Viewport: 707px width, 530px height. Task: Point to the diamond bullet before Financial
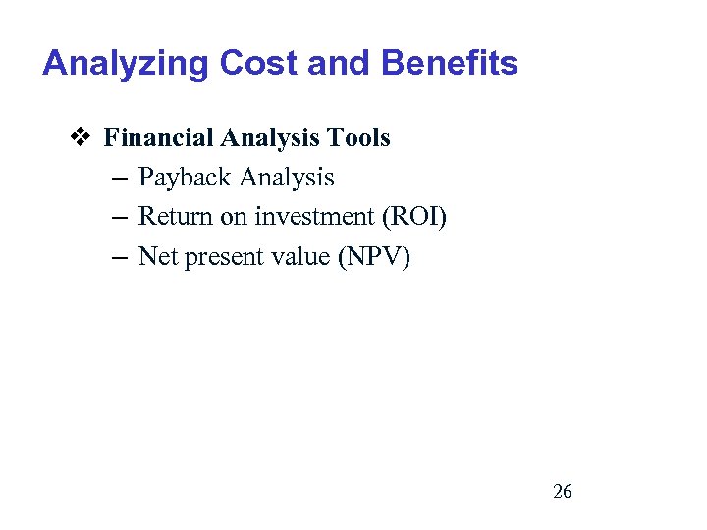coord(82,138)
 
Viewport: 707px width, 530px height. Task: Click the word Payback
coord(183,178)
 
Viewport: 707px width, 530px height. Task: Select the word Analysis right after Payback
coord(286,178)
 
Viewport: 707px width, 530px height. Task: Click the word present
coord(218,258)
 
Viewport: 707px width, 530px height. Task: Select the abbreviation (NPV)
coord(376,256)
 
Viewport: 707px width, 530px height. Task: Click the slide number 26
coord(563,492)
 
